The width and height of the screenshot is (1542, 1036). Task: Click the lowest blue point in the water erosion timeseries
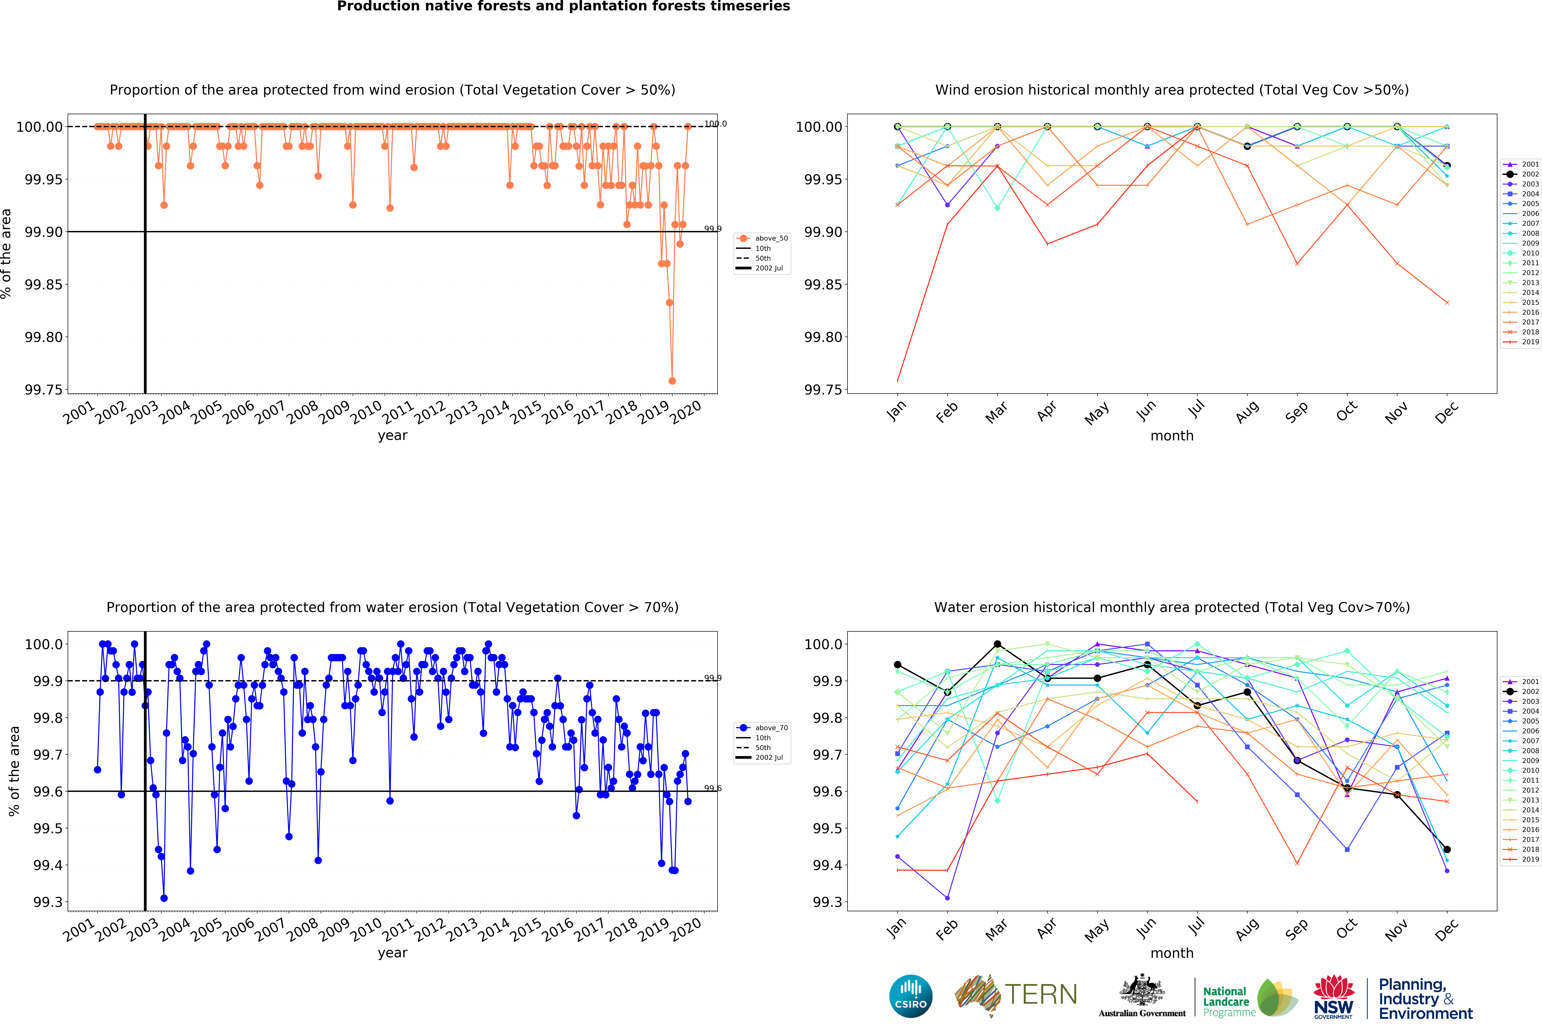tap(164, 898)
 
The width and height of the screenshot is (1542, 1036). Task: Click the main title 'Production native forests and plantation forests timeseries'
tap(564, 7)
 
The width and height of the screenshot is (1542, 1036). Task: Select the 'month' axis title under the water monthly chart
tap(1172, 953)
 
